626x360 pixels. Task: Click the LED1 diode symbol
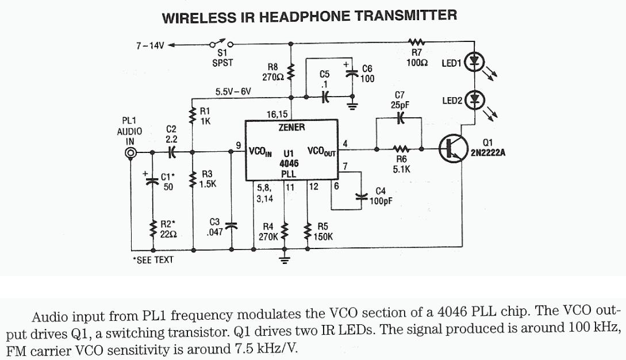click(x=474, y=62)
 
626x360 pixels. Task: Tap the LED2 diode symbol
click(x=474, y=100)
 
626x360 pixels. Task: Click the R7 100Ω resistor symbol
click(x=415, y=42)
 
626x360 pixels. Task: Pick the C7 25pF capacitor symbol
click(x=400, y=118)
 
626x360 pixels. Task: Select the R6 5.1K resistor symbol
click(x=400, y=148)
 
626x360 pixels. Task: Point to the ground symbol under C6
click(x=352, y=104)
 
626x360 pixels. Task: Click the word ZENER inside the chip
click(x=291, y=127)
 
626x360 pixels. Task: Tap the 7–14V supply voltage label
click(x=149, y=44)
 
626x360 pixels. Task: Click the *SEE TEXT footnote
click(x=152, y=260)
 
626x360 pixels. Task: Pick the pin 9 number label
click(x=238, y=145)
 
